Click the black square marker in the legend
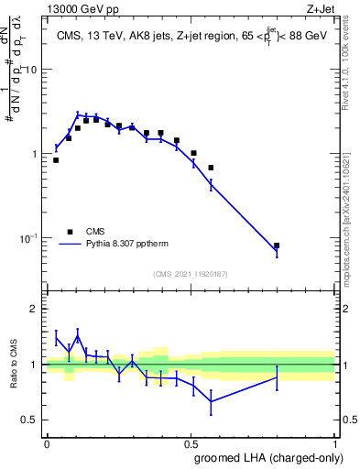69,233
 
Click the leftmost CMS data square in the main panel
56,160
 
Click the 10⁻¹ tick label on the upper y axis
28,238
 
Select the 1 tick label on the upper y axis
34,154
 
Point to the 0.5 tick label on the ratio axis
29,420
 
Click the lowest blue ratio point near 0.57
212,401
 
